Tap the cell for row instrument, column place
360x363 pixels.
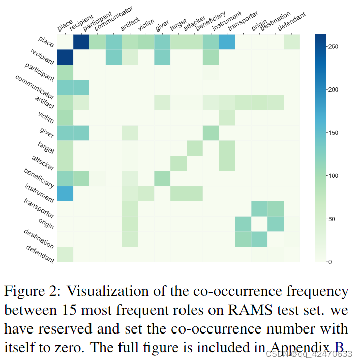pyautogui.click(x=65, y=193)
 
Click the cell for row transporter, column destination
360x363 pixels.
pyautogui.click(x=276, y=208)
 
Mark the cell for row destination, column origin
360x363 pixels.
pyautogui.click(x=259, y=239)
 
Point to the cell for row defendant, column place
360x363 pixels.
pyautogui.click(x=65, y=254)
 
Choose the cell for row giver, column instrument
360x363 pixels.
pyautogui.click(x=211, y=133)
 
